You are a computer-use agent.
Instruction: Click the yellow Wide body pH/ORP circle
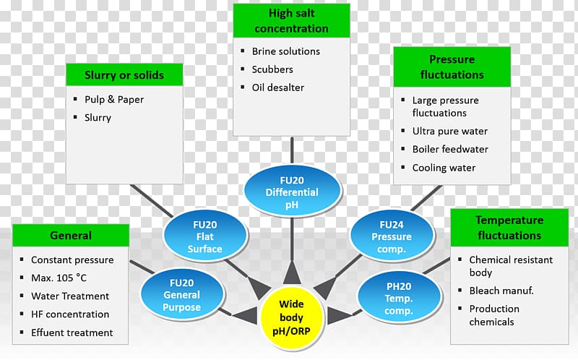pyautogui.click(x=292, y=318)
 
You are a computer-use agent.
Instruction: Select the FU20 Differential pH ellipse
pyautogui.click(x=292, y=192)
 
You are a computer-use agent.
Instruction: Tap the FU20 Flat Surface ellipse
pyautogui.click(x=205, y=236)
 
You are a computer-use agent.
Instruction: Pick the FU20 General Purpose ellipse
pyautogui.click(x=182, y=295)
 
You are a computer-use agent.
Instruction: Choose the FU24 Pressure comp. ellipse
pyautogui.click(x=392, y=236)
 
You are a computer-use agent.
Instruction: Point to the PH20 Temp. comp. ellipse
pyautogui.click(x=399, y=298)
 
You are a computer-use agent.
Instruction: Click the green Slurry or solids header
pyautogui.click(x=124, y=75)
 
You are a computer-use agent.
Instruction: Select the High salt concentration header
pyautogui.click(x=292, y=21)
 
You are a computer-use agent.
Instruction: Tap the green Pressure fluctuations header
pyautogui.click(x=452, y=67)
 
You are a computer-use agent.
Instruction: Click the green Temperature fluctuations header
pyautogui.click(x=509, y=228)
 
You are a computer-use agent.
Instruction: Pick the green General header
pyautogui.click(x=71, y=236)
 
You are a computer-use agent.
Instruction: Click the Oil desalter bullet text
pyautogui.click(x=278, y=87)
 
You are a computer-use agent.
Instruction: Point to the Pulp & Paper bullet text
pyautogui.click(x=114, y=100)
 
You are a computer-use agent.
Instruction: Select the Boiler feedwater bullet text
pyautogui.click(x=450, y=149)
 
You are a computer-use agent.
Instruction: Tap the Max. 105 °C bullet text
pyautogui.click(x=59, y=278)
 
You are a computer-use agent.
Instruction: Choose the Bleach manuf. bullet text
pyautogui.click(x=501, y=291)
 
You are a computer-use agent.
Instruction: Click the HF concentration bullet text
pyautogui.click(x=70, y=314)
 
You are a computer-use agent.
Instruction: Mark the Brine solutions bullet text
pyautogui.click(x=285, y=51)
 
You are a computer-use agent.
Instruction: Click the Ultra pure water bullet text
pyautogui.click(x=449, y=131)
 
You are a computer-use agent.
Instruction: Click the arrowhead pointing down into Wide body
pyautogui.click(x=292, y=274)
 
